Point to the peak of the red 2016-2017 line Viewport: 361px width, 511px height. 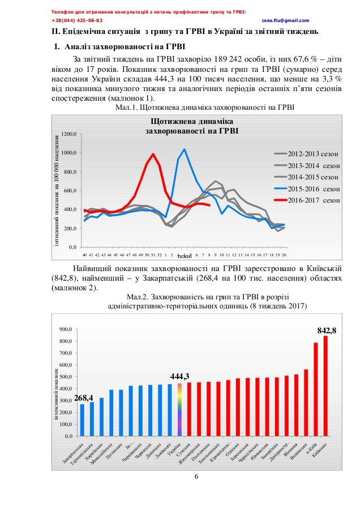(153, 154)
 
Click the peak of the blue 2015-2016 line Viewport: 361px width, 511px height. (184, 149)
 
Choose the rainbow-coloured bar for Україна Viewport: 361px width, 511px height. (180, 410)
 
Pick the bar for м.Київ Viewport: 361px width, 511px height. (316, 389)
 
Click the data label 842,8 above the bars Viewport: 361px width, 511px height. (326, 329)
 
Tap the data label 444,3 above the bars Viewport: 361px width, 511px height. (179, 376)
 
